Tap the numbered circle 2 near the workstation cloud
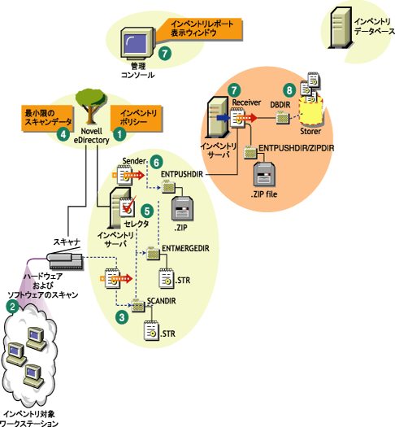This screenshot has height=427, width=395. (11, 307)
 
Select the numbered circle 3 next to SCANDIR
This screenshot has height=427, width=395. (121, 318)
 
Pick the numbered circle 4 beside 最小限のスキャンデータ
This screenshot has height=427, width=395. (63, 135)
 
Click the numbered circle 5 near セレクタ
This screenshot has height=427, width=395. (147, 209)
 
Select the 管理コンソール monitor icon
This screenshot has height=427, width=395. (136, 42)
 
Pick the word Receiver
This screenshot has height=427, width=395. (245, 102)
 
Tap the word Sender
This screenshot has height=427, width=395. (133, 162)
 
